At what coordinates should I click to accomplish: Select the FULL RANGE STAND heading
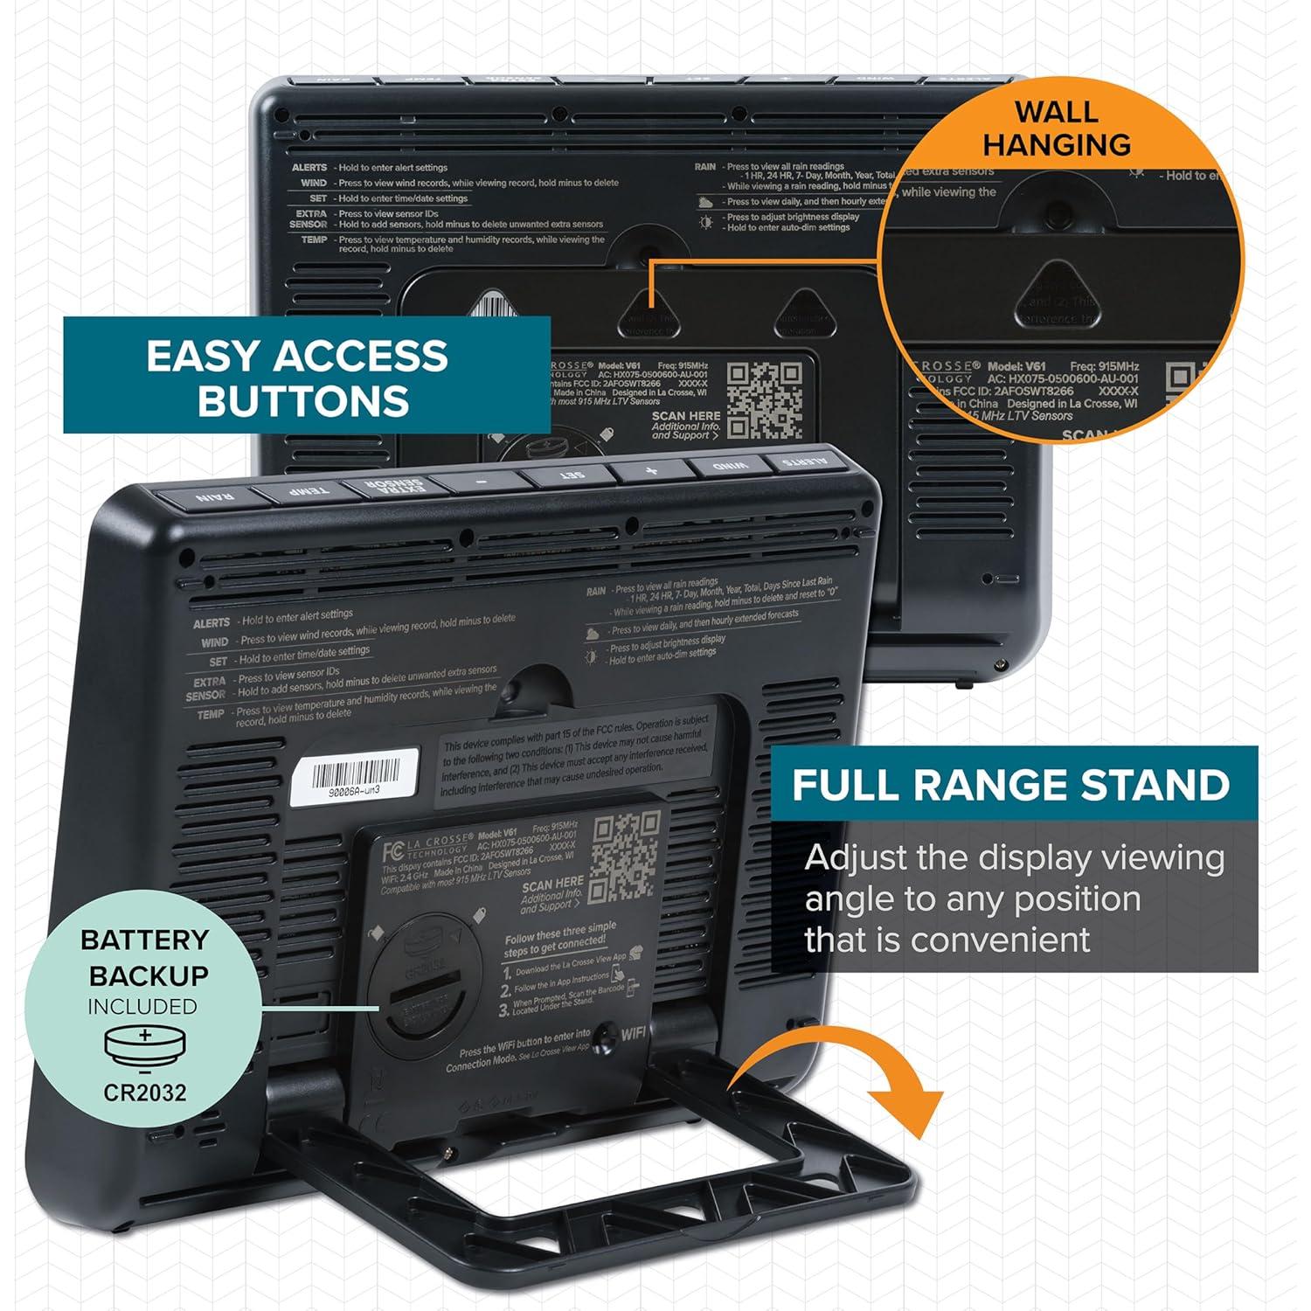point(1010,785)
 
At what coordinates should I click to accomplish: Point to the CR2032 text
point(145,1092)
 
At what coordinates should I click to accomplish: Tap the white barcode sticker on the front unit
point(347,775)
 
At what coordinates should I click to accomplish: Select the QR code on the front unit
point(624,857)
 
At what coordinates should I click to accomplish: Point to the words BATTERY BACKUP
point(145,957)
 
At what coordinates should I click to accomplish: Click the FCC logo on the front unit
point(392,852)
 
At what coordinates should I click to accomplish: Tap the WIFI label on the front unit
point(634,1034)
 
